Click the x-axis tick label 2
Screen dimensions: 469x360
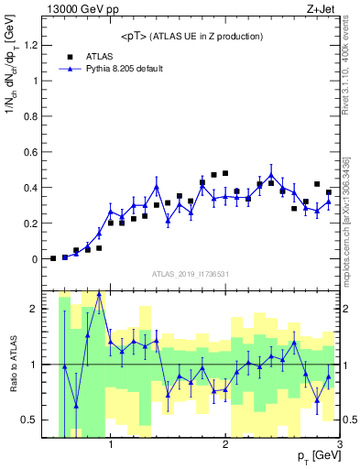(x=225, y=446)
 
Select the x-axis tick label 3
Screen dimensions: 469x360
(x=339, y=446)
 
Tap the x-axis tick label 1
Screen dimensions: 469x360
(x=111, y=446)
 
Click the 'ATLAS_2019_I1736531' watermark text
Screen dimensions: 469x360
(x=191, y=275)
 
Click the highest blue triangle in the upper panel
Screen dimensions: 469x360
(x=271, y=174)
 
